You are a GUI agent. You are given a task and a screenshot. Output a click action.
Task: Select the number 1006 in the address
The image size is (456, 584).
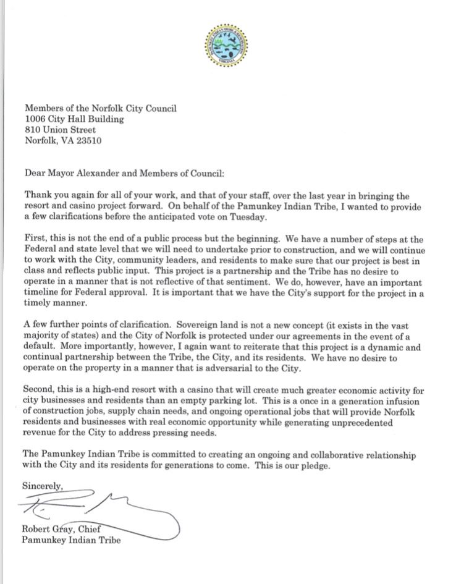[35, 119]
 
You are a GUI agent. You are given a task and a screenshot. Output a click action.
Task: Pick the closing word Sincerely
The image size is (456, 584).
[44, 485]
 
